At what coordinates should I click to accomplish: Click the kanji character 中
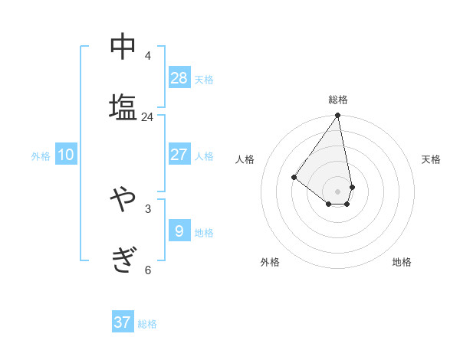(x=123, y=47)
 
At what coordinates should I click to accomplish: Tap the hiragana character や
(x=123, y=200)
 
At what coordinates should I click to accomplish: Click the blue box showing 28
(x=179, y=77)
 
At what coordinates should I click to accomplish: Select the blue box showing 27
(x=179, y=154)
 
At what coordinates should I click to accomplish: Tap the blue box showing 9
(x=179, y=231)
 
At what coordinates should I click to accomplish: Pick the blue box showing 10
(x=66, y=155)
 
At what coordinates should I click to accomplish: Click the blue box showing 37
(x=123, y=322)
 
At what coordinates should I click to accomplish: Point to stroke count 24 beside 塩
(x=147, y=117)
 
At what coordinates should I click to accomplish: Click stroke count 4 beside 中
(x=147, y=56)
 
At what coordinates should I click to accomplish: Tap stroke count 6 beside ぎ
(x=147, y=270)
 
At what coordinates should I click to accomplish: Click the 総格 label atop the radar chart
(x=337, y=100)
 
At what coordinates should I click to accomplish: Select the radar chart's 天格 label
(x=431, y=159)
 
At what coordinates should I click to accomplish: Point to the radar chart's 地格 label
(x=402, y=262)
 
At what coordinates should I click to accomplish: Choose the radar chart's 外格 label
(x=270, y=262)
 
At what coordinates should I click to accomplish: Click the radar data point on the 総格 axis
(x=337, y=116)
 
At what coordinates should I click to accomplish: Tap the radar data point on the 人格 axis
(x=294, y=177)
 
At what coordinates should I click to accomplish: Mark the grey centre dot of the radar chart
(x=337, y=191)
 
